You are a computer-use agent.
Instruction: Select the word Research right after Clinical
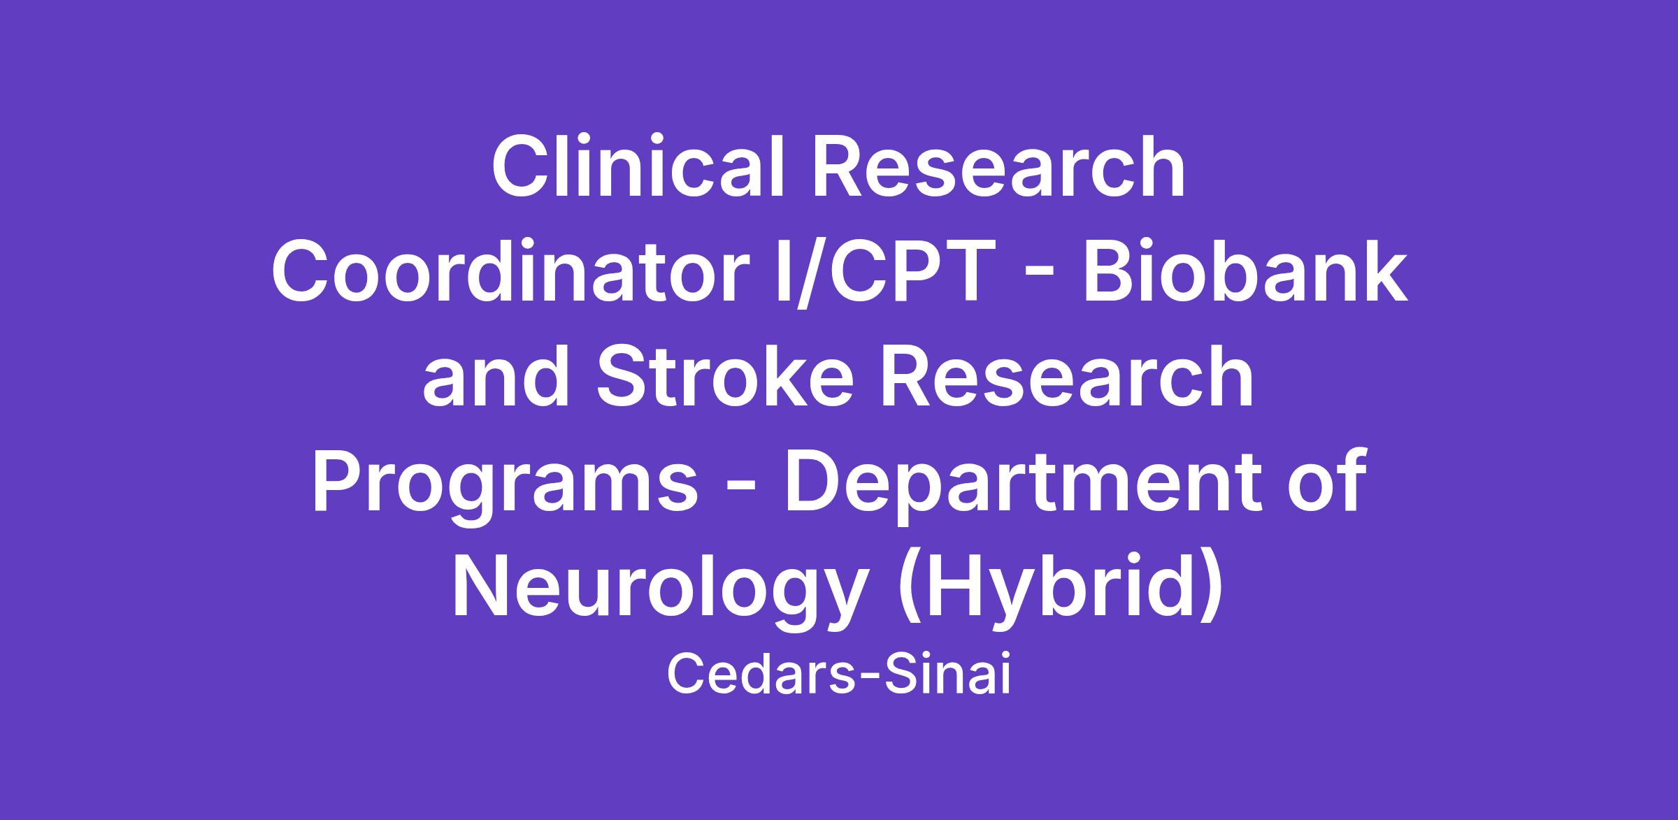coord(998,167)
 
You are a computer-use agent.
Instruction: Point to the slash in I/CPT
coord(803,273)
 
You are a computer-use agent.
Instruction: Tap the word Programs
coord(505,486)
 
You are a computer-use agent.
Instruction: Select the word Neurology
coord(658,591)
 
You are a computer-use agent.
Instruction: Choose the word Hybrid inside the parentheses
coord(1061,591)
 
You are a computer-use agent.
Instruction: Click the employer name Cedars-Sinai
coord(839,676)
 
